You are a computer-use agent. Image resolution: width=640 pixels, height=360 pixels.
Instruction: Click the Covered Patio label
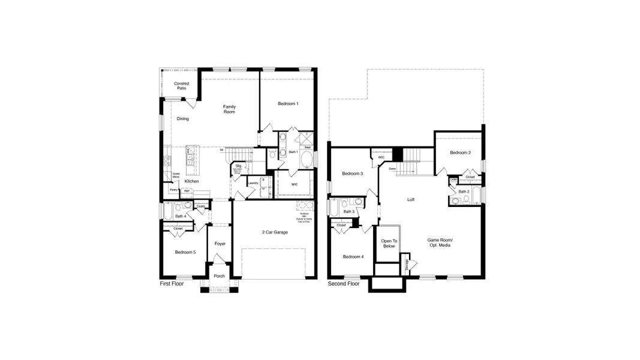coord(181,86)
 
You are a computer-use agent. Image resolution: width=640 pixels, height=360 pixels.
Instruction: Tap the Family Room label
coord(229,109)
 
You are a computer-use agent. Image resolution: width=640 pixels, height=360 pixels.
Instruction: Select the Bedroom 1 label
coord(288,104)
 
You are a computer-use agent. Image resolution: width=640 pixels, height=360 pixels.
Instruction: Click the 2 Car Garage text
coord(275,232)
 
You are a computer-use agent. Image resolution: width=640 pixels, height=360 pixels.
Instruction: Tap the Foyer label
coord(220,244)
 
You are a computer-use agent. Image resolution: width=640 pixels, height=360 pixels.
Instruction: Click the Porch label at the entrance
coord(220,276)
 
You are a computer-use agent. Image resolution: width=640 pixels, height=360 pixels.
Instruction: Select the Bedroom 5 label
coord(185,252)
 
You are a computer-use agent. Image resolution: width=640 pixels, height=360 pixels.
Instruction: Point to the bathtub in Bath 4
coord(167,211)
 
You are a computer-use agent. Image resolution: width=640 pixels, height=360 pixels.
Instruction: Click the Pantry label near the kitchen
coord(173,190)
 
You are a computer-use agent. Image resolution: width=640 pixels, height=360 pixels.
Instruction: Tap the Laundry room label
coord(253,183)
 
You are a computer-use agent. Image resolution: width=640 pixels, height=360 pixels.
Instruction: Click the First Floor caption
coord(172,283)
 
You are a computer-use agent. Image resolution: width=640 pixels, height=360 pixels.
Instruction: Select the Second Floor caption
coord(344,283)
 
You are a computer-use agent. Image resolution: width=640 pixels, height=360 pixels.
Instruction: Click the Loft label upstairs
coord(411,199)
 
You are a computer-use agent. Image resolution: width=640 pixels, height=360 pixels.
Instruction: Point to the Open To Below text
coord(388,244)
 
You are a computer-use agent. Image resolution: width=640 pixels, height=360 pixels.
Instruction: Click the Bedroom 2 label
coord(461,152)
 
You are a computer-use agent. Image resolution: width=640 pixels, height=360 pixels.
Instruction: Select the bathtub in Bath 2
coord(476,196)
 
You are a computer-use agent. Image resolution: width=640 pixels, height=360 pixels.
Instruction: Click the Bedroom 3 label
coord(353,173)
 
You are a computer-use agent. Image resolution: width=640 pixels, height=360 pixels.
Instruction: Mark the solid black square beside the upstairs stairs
coord(396,154)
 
